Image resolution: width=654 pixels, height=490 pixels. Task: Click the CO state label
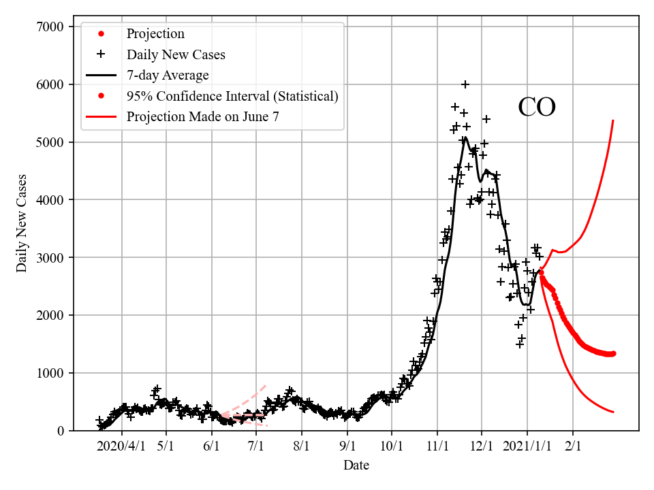pos(537,108)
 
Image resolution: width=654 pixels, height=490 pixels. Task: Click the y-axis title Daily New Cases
pos(22,223)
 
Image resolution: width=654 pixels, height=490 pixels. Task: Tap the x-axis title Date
pos(356,465)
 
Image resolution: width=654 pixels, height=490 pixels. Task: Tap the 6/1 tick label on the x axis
pos(212,446)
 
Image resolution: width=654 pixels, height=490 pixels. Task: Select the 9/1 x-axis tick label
pos(347,446)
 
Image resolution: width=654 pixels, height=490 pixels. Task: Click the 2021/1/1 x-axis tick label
pos(526,446)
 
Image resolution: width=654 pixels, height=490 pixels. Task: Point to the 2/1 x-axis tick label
pos(573,446)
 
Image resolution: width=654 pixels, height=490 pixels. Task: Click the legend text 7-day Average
pos(168,75)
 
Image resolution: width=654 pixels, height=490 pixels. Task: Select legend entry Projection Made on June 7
pos(202,117)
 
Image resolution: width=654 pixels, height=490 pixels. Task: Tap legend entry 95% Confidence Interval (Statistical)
pos(232,96)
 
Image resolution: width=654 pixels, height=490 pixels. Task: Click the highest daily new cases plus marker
pos(465,84)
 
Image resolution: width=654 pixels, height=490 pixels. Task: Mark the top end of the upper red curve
pos(613,120)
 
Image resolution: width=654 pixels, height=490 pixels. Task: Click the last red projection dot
pos(613,353)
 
